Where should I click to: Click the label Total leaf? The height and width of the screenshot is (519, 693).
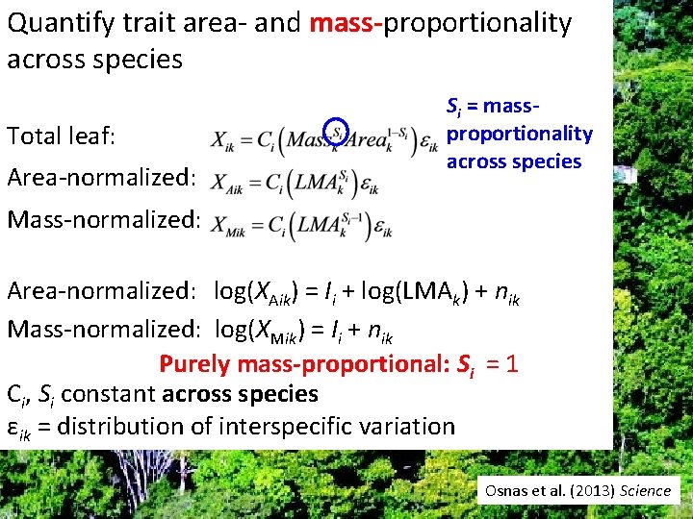tap(62, 137)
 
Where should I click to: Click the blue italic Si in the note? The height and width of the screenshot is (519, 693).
tap(454, 106)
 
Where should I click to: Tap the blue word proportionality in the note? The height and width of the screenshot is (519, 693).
tap(519, 133)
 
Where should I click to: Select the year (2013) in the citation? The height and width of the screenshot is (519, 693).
tap(587, 490)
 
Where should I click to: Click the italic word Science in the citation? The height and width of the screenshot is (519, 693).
tap(645, 490)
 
